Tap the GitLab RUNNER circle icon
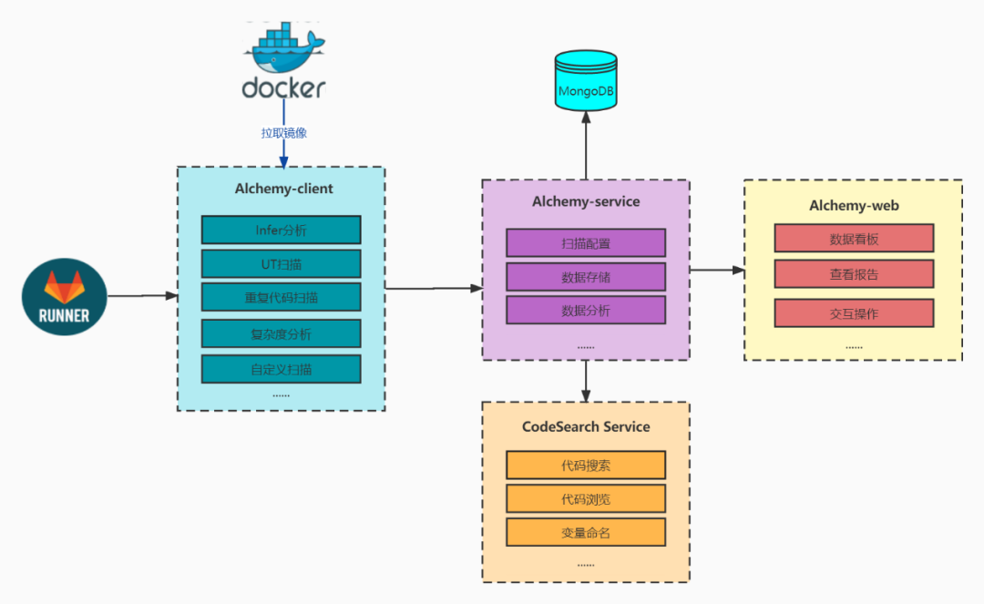(65, 296)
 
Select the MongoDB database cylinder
(586, 79)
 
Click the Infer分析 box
(281, 230)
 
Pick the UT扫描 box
(281, 264)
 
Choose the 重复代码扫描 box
(281, 297)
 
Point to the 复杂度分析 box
(281, 334)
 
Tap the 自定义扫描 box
(281, 369)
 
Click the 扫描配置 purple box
(586, 242)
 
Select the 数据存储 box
(586, 276)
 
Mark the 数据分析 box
(586, 310)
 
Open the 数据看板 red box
(854, 239)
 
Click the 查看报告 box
(854, 273)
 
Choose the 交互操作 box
(854, 312)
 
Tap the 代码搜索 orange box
(586, 466)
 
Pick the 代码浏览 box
(586, 498)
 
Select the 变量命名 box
(586, 532)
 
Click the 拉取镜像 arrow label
(283, 133)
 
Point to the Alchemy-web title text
(854, 206)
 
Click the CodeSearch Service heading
(586, 426)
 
